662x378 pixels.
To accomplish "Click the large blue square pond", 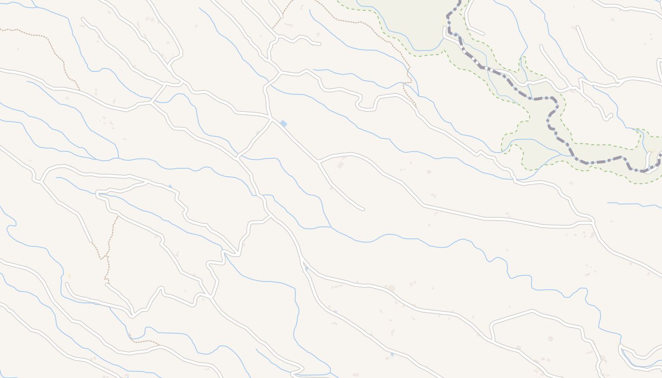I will tap(284, 124).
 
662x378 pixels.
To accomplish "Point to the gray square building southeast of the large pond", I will tap(340, 165).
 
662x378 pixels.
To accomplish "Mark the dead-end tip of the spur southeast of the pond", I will tap(363, 208).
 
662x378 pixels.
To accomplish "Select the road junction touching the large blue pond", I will tap(271, 118).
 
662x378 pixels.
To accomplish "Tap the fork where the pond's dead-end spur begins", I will tap(319, 162).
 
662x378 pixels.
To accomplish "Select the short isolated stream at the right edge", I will tap(634, 204).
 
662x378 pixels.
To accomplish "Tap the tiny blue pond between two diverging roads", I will tap(306, 268).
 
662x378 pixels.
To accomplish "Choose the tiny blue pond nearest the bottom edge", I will tap(392, 354).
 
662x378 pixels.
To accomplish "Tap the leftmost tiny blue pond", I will tap(170, 186).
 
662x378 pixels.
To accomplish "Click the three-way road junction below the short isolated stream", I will tap(592, 221).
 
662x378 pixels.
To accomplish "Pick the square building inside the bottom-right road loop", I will tap(550, 339).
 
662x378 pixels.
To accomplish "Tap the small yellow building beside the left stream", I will tap(68, 275).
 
